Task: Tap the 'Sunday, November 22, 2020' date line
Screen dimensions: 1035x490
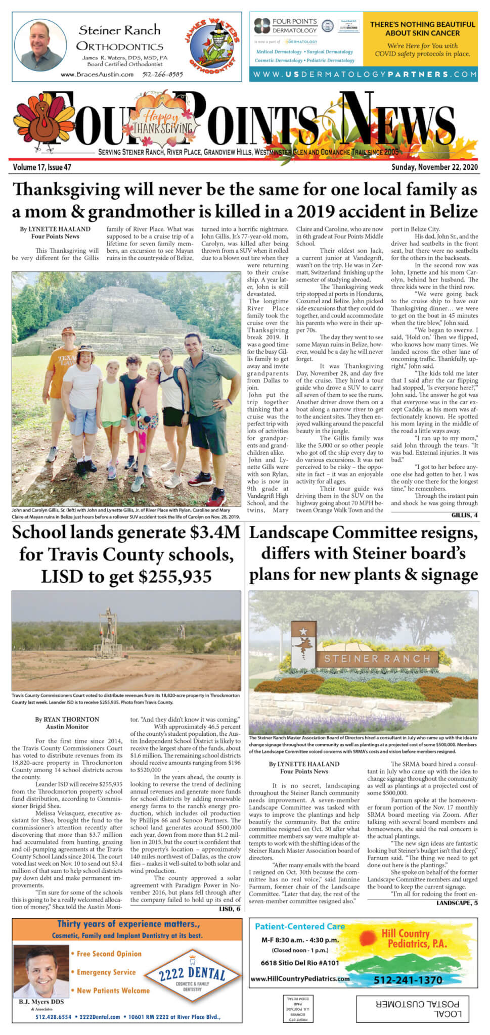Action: point(434,167)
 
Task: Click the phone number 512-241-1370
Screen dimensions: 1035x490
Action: point(408,980)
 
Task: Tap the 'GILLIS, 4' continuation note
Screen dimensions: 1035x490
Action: point(464,515)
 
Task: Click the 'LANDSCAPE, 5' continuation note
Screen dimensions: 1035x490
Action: point(456,903)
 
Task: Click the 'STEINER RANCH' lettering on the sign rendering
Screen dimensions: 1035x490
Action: point(377,658)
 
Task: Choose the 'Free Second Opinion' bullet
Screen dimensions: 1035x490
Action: point(109,954)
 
